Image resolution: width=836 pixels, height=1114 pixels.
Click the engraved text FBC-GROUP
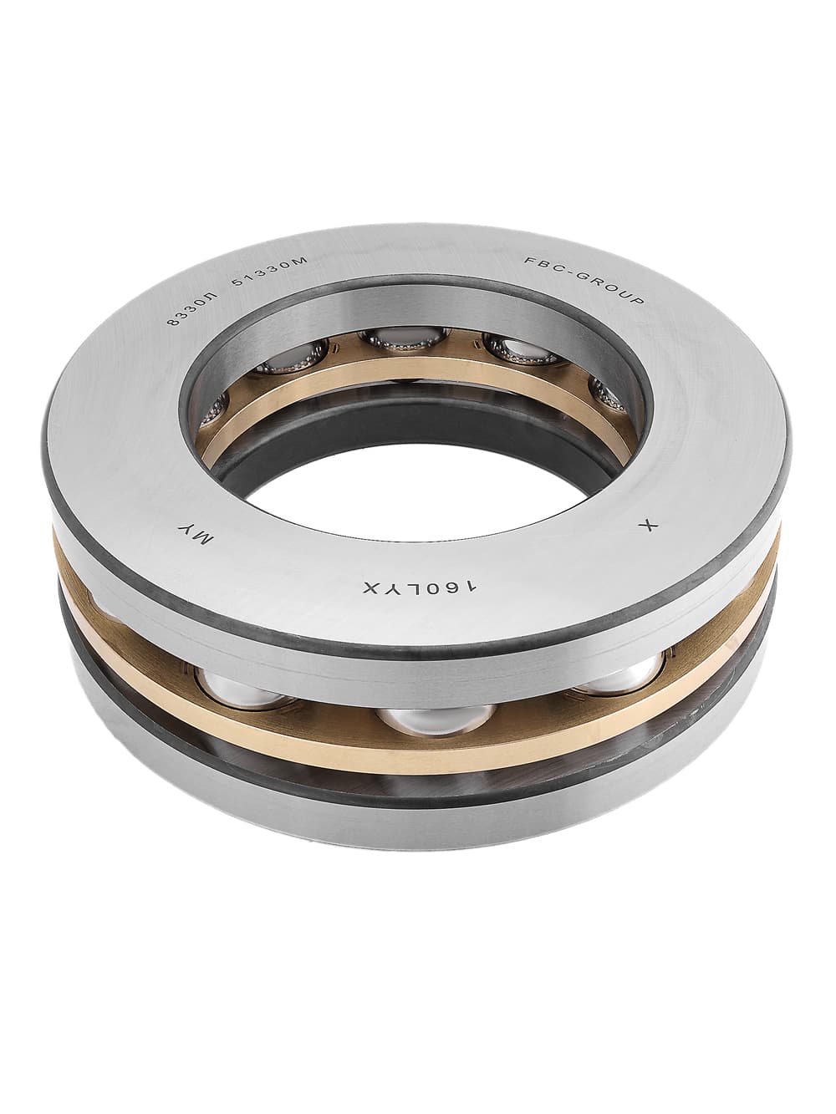click(x=584, y=281)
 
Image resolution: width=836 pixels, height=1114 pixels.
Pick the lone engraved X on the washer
click(x=646, y=526)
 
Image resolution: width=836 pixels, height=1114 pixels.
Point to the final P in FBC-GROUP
click(x=639, y=301)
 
